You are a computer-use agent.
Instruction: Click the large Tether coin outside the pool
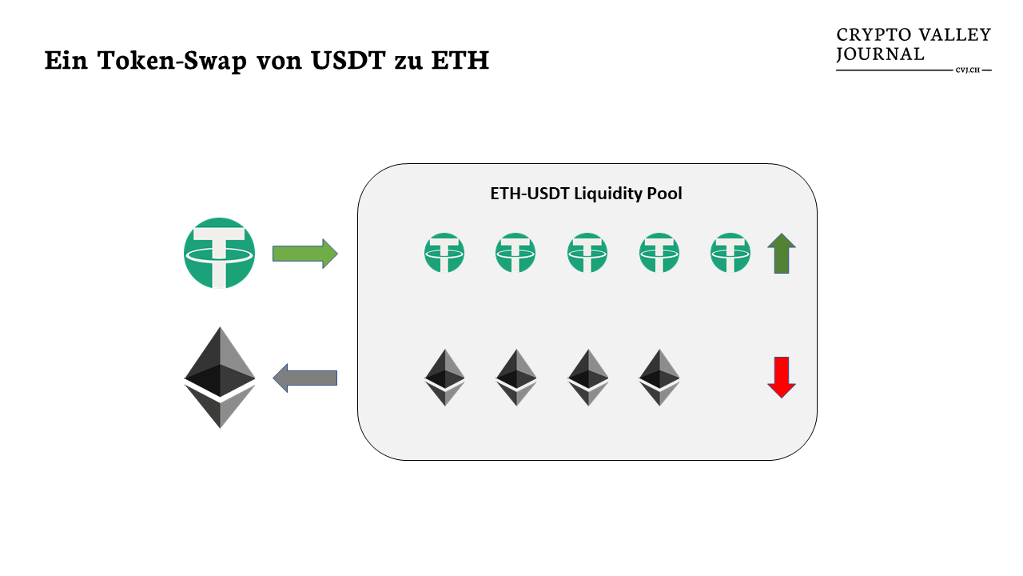(x=220, y=253)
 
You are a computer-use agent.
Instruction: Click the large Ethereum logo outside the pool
(x=220, y=377)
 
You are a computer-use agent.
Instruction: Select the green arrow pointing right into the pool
(x=305, y=254)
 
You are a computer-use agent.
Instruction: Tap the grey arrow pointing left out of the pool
(x=305, y=378)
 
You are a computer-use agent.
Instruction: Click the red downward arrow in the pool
(x=781, y=377)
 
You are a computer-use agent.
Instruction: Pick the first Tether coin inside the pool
(x=444, y=253)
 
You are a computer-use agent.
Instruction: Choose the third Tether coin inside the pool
(x=587, y=253)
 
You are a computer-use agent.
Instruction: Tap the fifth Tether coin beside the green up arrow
(x=730, y=253)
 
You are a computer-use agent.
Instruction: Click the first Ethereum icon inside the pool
(x=444, y=377)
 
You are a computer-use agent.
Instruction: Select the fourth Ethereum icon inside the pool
(x=659, y=377)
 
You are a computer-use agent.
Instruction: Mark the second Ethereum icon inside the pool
(x=516, y=377)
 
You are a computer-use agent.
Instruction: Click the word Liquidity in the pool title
(x=607, y=194)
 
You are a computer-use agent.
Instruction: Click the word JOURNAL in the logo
(x=880, y=54)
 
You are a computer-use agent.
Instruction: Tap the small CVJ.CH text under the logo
(x=967, y=70)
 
